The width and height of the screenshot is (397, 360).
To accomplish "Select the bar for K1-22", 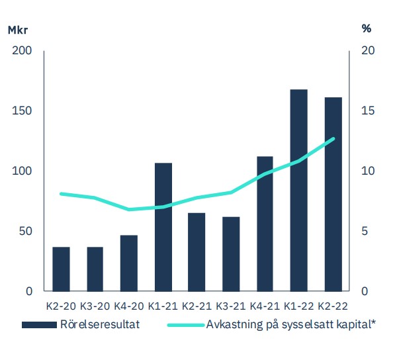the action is [x=299, y=191].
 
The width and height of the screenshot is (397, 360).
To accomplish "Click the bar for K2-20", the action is [x=61, y=269].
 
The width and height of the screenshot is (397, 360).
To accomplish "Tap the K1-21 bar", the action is [x=163, y=227].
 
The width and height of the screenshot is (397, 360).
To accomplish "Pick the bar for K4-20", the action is [x=129, y=263].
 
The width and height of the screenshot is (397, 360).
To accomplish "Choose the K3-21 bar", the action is [x=231, y=254].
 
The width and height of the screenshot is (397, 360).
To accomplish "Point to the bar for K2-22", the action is [x=333, y=195].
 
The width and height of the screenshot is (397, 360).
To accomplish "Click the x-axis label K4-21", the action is [x=265, y=306].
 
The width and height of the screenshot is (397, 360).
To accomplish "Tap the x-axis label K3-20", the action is [x=95, y=306].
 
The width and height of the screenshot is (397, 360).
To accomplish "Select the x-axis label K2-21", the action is [x=197, y=306].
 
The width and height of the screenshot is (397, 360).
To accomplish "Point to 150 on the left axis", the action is [x=22, y=111].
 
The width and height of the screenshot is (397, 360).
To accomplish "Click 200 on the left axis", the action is [x=22, y=51].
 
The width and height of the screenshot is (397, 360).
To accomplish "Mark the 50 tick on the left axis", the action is [x=25, y=231].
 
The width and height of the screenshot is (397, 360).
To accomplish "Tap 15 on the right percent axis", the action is [x=368, y=111].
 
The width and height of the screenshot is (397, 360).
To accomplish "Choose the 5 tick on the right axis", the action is [x=365, y=231].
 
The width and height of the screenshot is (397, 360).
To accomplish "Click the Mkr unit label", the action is [x=18, y=30].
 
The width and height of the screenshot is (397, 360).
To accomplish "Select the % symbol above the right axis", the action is [x=367, y=28].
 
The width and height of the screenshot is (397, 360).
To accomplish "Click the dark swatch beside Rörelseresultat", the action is [x=39, y=325].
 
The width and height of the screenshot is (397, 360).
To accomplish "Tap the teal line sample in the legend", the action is [x=186, y=325].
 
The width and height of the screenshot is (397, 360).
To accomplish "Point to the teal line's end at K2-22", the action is [x=333, y=139].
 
